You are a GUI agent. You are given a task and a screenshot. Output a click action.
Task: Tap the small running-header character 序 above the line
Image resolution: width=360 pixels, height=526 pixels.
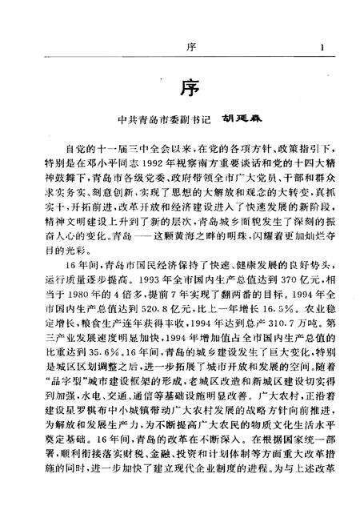(185, 49)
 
